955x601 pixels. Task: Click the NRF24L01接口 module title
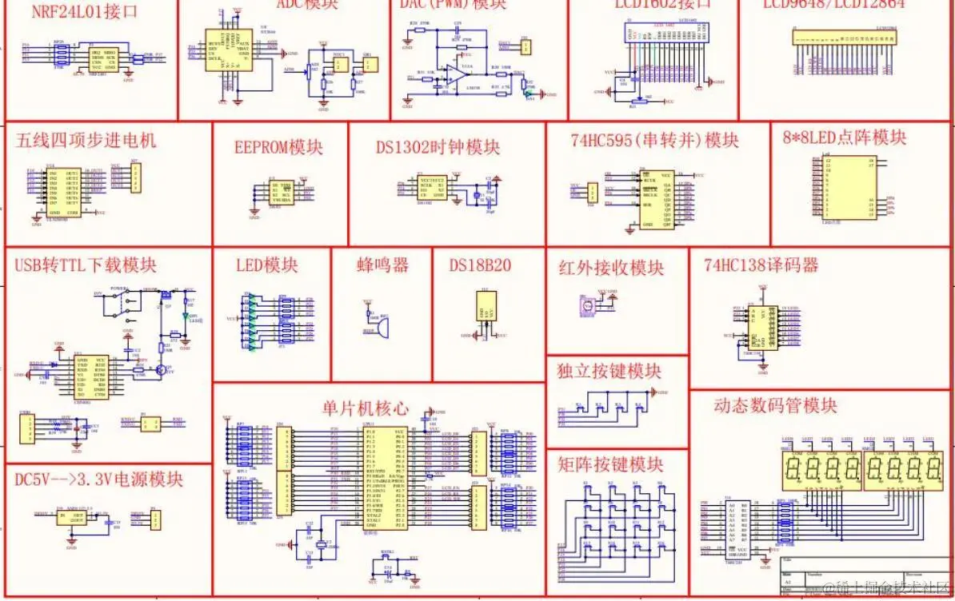click(85, 11)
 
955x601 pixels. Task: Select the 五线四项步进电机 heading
click(86, 141)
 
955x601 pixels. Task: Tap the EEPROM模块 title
click(279, 148)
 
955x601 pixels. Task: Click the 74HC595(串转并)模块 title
click(655, 141)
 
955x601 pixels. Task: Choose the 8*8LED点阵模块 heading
click(845, 137)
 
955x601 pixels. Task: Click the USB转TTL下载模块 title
click(86, 265)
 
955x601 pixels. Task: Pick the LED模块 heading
click(267, 265)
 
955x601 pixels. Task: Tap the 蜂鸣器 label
click(382, 265)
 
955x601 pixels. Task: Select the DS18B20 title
click(480, 265)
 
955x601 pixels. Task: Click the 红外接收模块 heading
click(611, 268)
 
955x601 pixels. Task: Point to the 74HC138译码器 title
click(761, 265)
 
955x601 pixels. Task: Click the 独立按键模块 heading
click(609, 372)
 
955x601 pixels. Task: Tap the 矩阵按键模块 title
click(610, 464)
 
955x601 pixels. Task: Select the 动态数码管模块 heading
click(776, 405)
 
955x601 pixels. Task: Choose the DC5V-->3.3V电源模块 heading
click(99, 480)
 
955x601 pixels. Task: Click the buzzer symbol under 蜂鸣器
click(382, 328)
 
